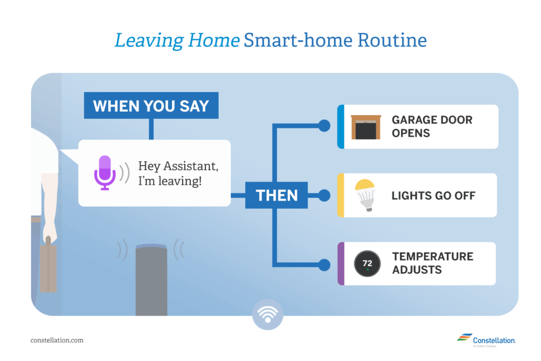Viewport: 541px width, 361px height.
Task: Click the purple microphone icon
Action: click(x=105, y=172)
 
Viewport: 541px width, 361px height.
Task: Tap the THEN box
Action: click(x=276, y=195)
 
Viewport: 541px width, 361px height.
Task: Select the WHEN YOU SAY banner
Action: click(x=151, y=105)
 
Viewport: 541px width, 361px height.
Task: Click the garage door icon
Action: click(x=366, y=127)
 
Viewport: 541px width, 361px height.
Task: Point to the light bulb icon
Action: click(x=366, y=195)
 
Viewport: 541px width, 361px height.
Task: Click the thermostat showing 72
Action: click(x=367, y=264)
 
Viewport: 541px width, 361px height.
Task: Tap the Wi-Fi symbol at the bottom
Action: click(x=268, y=314)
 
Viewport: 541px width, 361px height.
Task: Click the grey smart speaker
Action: click(x=151, y=280)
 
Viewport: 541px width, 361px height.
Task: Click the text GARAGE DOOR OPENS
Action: click(x=432, y=126)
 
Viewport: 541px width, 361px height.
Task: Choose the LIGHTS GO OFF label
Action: click(x=433, y=196)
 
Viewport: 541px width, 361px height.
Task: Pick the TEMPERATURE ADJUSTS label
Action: click(x=433, y=263)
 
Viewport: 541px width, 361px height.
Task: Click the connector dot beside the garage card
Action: click(x=324, y=126)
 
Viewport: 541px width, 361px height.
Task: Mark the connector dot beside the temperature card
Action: click(x=324, y=265)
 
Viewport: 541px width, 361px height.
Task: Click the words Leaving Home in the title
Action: click(x=177, y=41)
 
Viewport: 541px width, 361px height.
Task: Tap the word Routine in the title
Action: click(x=392, y=40)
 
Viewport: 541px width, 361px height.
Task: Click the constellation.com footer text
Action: click(x=57, y=340)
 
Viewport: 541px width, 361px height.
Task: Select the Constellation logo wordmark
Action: click(x=494, y=340)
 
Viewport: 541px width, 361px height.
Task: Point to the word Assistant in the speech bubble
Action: click(x=191, y=166)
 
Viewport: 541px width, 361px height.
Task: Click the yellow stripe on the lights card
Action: click(x=341, y=196)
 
